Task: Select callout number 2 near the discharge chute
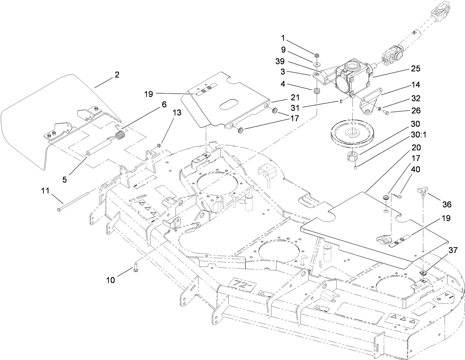coord(117,75)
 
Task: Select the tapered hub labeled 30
coord(353,157)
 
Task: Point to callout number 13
coord(177,113)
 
